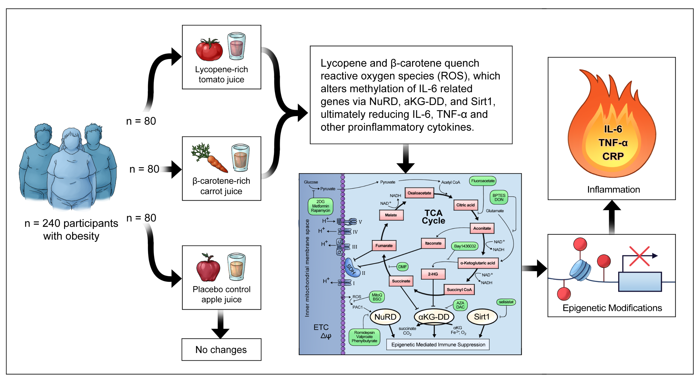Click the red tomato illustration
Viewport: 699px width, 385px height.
(209, 50)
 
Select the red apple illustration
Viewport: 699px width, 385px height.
(208, 268)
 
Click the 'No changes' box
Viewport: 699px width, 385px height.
(221, 349)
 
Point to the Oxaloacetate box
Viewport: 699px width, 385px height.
(419, 193)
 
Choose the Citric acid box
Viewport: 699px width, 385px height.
(465, 205)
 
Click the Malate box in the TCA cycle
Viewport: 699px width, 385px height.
(391, 215)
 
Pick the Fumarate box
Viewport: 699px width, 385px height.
(384, 246)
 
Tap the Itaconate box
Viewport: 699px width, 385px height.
(433, 243)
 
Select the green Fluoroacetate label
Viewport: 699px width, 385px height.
(482, 181)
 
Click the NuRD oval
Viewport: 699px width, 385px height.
(385, 317)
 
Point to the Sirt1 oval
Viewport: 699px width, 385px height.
(482, 317)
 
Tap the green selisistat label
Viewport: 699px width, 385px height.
(506, 302)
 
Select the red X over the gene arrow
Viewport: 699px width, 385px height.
(639, 256)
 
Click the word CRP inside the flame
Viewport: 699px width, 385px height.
(613, 156)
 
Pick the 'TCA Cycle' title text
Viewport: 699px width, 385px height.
(433, 217)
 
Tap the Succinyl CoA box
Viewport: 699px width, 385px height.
(459, 290)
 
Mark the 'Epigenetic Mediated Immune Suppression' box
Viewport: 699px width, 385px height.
(438, 345)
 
